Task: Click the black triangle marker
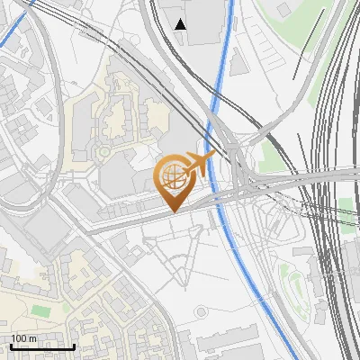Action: pyautogui.click(x=181, y=24)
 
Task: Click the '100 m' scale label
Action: pyautogui.click(x=24, y=338)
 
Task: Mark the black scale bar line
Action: pyautogui.click(x=42, y=346)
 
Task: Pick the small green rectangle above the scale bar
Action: pyautogui.click(x=39, y=310)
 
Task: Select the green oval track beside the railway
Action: pyautogui.click(x=289, y=286)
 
